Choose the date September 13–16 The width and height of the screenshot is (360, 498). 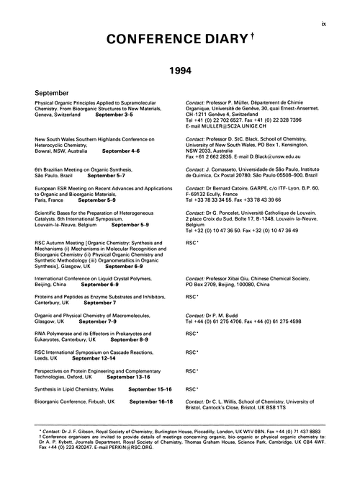point(128,377)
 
